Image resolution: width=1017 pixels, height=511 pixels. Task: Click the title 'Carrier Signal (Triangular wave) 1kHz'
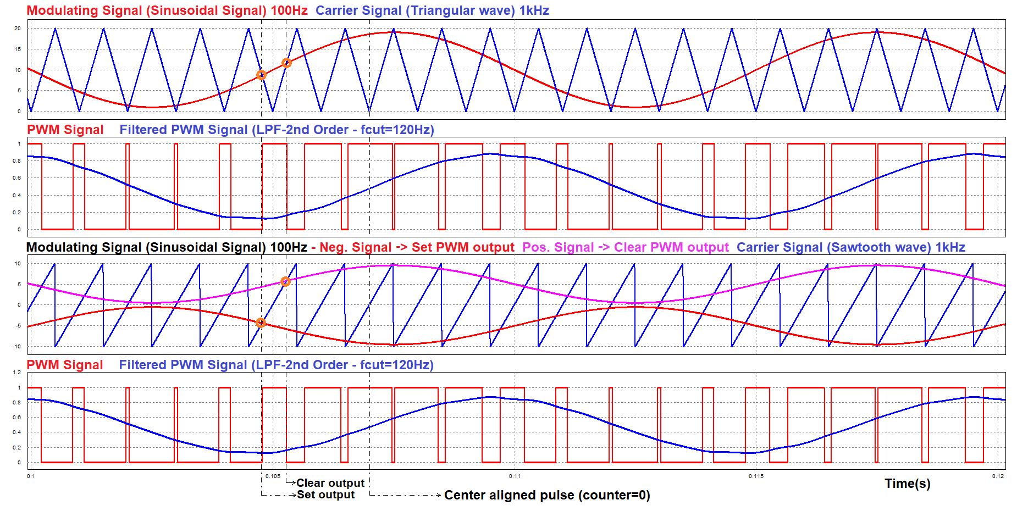432,10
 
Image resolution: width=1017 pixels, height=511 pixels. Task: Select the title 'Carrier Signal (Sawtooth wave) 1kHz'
850,247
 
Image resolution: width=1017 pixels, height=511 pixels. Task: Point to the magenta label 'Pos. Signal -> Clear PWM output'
625,247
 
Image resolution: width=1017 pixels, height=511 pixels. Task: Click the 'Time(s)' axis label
907,484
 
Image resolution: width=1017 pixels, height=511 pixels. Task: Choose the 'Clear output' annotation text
330,483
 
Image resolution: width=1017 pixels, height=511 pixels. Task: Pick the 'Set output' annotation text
326,495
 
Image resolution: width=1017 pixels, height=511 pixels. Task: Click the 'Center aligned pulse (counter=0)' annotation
547,495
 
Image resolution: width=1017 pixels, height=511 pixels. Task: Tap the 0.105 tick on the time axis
273,476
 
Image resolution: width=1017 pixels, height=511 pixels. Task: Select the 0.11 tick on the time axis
515,476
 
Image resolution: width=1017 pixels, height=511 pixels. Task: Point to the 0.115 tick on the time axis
756,476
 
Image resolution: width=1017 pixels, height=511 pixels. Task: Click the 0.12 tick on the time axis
998,476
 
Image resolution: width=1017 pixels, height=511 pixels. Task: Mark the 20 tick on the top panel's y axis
18,29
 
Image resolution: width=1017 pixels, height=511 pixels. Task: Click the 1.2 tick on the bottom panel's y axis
17,373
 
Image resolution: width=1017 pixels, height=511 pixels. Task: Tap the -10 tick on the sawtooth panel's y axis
18,346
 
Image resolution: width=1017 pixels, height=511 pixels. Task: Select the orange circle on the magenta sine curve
285,282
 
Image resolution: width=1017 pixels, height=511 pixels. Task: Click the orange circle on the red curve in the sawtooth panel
261,323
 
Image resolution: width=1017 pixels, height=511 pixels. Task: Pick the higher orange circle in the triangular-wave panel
286,63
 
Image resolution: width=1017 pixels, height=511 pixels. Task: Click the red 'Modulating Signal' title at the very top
167,10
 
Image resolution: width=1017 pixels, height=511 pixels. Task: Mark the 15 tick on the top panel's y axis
18,49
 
